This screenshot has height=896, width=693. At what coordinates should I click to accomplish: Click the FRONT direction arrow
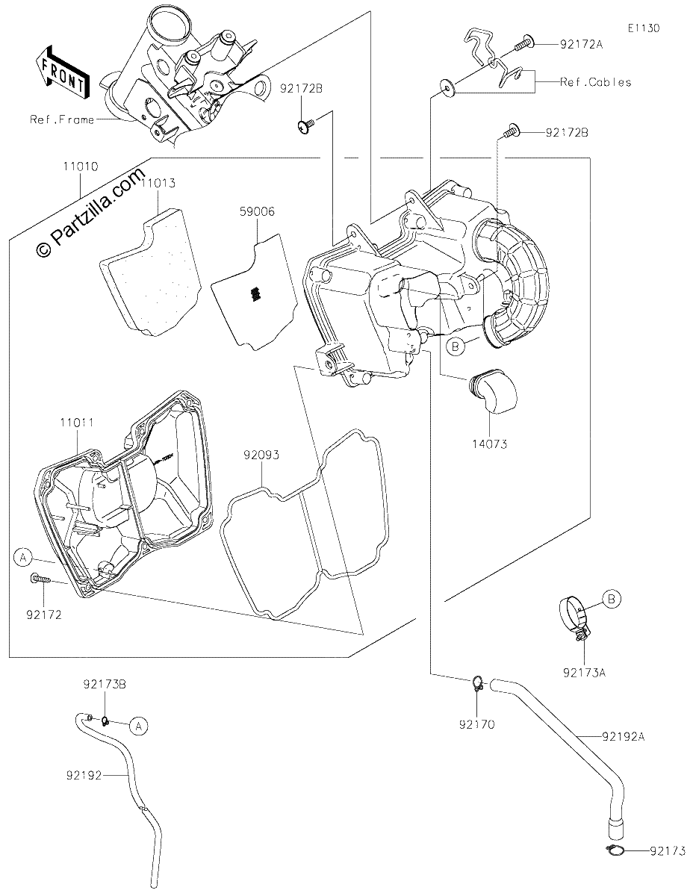pos(62,73)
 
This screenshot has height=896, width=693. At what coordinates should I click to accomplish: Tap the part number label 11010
pos(81,167)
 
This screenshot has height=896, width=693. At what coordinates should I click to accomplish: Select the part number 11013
pos(158,183)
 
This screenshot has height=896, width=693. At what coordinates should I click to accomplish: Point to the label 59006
pos(257,211)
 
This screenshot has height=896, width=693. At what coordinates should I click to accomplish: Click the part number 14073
pos(490,444)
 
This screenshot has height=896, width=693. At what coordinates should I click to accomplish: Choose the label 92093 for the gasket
pos(261,455)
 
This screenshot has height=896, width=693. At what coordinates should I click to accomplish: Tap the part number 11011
pos(77,423)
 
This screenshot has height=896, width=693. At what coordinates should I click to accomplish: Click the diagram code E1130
pos(644,28)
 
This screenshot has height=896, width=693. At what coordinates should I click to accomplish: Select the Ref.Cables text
pos(595,82)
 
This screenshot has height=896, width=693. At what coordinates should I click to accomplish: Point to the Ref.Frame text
pos(62,119)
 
